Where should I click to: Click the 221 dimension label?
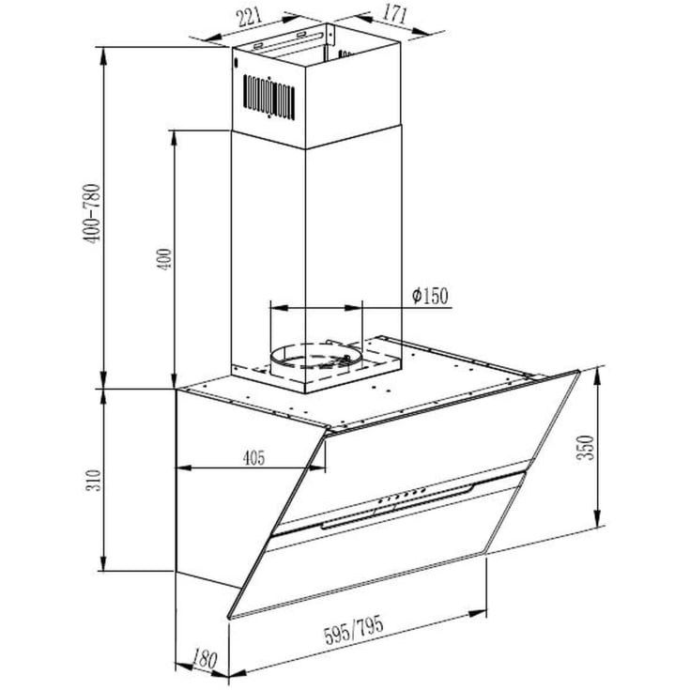[250, 17]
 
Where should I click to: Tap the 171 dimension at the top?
[393, 13]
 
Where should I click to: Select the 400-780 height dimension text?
[92, 214]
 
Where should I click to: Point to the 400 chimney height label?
[164, 259]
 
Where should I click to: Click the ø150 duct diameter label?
[430, 296]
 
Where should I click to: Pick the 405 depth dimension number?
[254, 458]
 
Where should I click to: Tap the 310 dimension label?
[93, 481]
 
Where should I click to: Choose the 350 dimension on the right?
[586, 448]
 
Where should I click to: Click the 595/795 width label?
[354, 630]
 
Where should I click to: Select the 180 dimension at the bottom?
[205, 659]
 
